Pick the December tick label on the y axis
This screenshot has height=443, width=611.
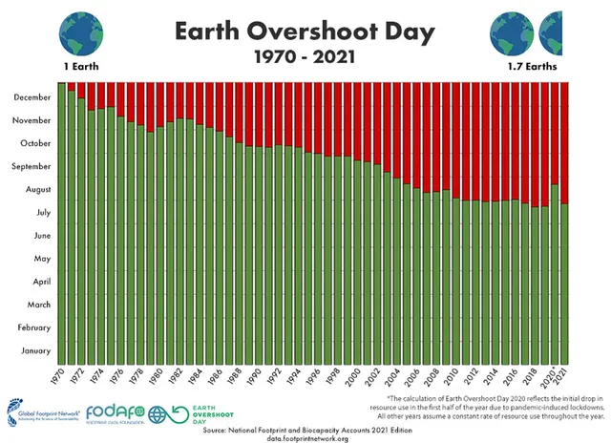pyautogui.click(x=32, y=97)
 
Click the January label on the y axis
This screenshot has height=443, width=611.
pyautogui.click(x=35, y=351)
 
